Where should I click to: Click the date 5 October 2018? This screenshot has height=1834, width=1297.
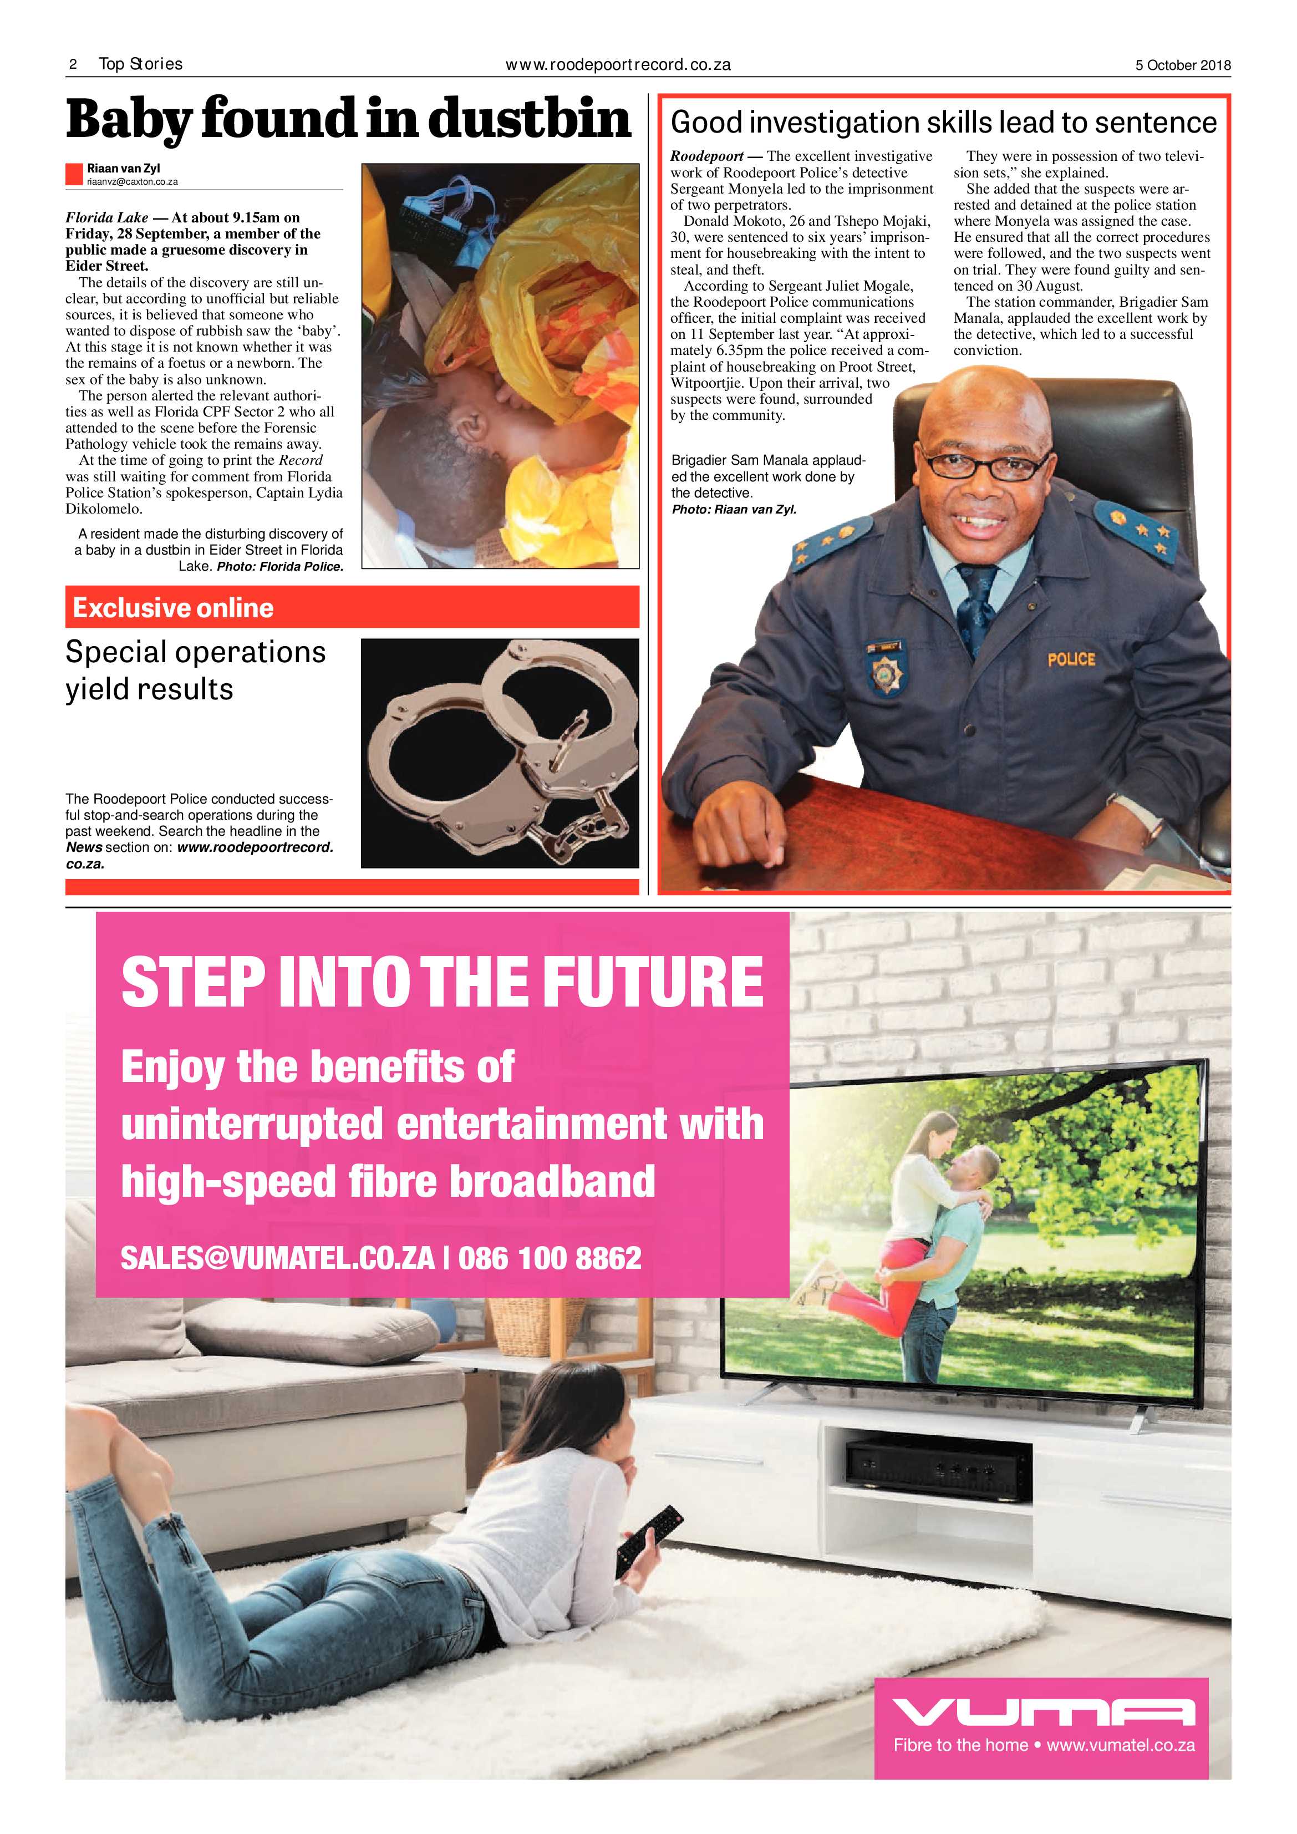tap(1183, 65)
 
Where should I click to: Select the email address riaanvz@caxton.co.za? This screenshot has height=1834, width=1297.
tap(133, 182)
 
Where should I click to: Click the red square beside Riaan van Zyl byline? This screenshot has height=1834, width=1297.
tap(74, 174)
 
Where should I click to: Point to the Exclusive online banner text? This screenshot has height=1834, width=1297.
tap(174, 608)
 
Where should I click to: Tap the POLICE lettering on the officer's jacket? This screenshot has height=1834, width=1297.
tap(1071, 659)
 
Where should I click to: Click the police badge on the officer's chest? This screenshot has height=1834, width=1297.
tap(885, 670)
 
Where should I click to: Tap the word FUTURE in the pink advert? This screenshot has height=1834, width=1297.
tap(653, 983)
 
